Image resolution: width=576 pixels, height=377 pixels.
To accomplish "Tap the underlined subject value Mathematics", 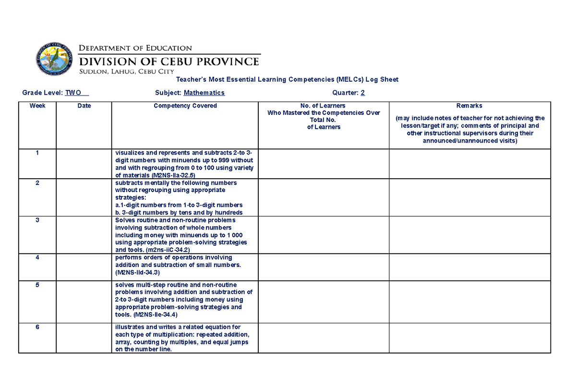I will (204, 93).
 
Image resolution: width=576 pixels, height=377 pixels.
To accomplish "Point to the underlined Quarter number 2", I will (363, 93).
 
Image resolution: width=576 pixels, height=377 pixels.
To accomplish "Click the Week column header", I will (37, 106).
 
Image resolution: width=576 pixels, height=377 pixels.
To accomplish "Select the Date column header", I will (84, 106).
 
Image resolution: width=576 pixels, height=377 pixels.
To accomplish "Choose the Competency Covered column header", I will (185, 106).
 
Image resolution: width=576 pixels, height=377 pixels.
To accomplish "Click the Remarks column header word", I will (469, 106).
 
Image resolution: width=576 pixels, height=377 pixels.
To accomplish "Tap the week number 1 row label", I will (37, 152).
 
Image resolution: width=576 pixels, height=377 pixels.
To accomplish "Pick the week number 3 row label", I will (37, 220).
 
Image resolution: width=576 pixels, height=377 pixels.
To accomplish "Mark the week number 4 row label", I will (37, 257).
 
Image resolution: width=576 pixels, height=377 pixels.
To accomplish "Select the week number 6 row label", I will (37, 327).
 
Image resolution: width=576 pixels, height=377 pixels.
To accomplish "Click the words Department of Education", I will (135, 48).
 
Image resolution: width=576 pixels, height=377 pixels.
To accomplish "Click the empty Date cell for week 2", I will (84, 197).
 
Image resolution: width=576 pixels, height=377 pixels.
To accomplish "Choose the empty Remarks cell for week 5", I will (469, 302).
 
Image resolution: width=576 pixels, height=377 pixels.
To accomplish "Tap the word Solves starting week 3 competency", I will (124, 220).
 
